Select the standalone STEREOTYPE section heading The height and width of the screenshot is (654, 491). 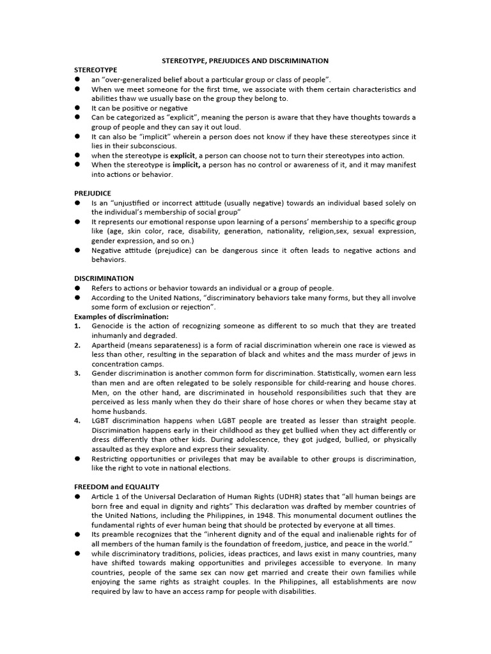coord(96,70)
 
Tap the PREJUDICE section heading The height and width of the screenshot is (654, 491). coord(93,193)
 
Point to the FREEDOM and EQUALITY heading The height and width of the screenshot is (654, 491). coord(117,487)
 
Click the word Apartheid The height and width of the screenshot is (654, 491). coord(108,345)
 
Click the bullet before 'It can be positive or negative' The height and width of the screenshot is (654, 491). coord(77,108)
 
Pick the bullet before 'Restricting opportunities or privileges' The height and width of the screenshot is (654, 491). coord(77,459)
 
